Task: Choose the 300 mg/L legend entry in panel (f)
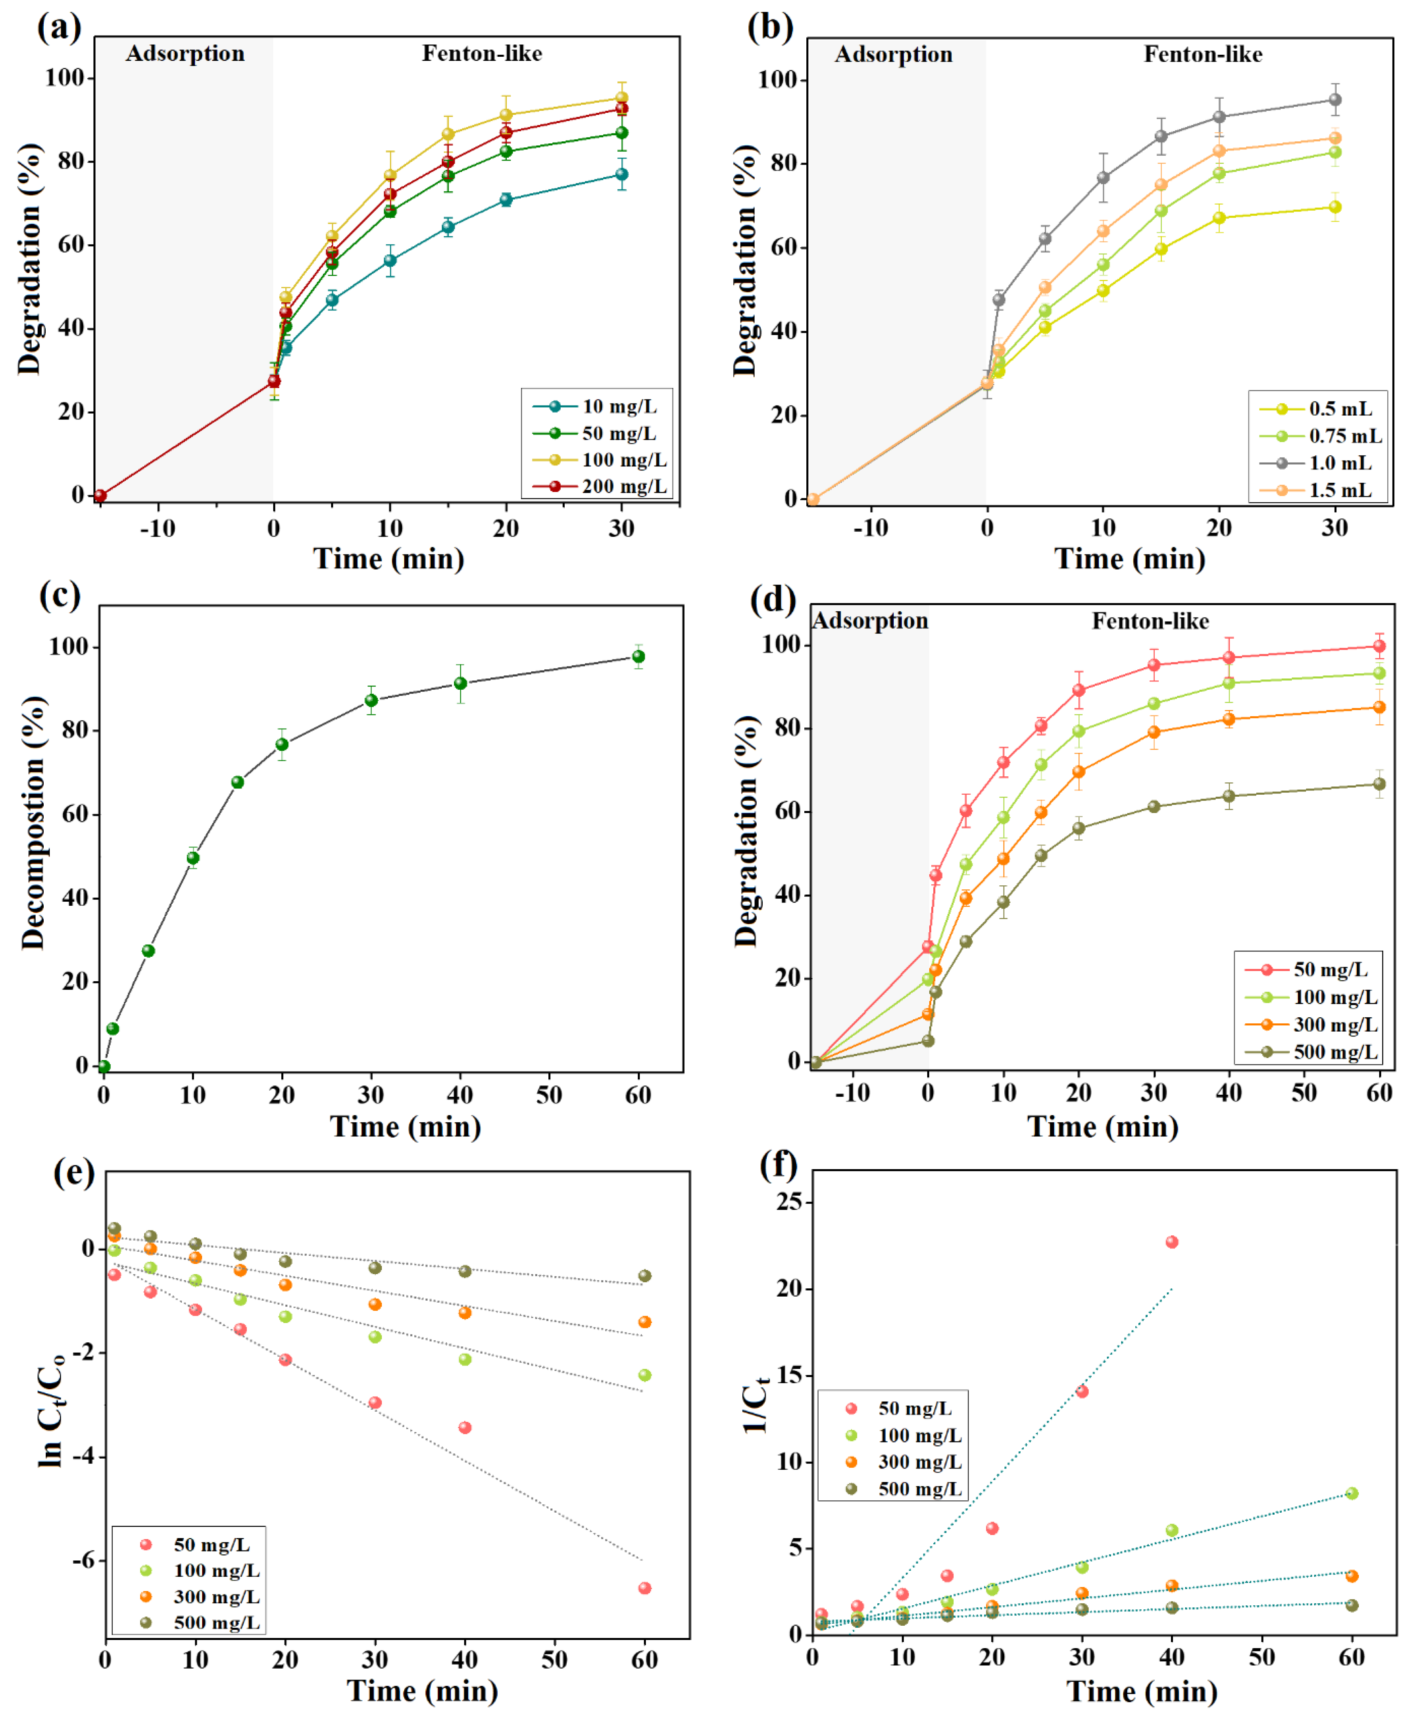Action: pos(919,1462)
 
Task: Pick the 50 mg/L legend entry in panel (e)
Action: pos(211,1544)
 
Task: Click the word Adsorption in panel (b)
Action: pos(893,55)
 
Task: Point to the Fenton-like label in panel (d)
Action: pos(1150,622)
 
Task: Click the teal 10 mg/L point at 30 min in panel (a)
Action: pos(622,174)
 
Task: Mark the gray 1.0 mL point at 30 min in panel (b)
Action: pos(1335,100)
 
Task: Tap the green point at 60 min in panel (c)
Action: pos(638,656)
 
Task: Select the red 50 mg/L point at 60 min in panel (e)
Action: pos(645,1588)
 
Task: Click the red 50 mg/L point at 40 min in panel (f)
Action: pos(1171,1242)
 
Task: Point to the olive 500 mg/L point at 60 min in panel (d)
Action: pos(1379,784)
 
